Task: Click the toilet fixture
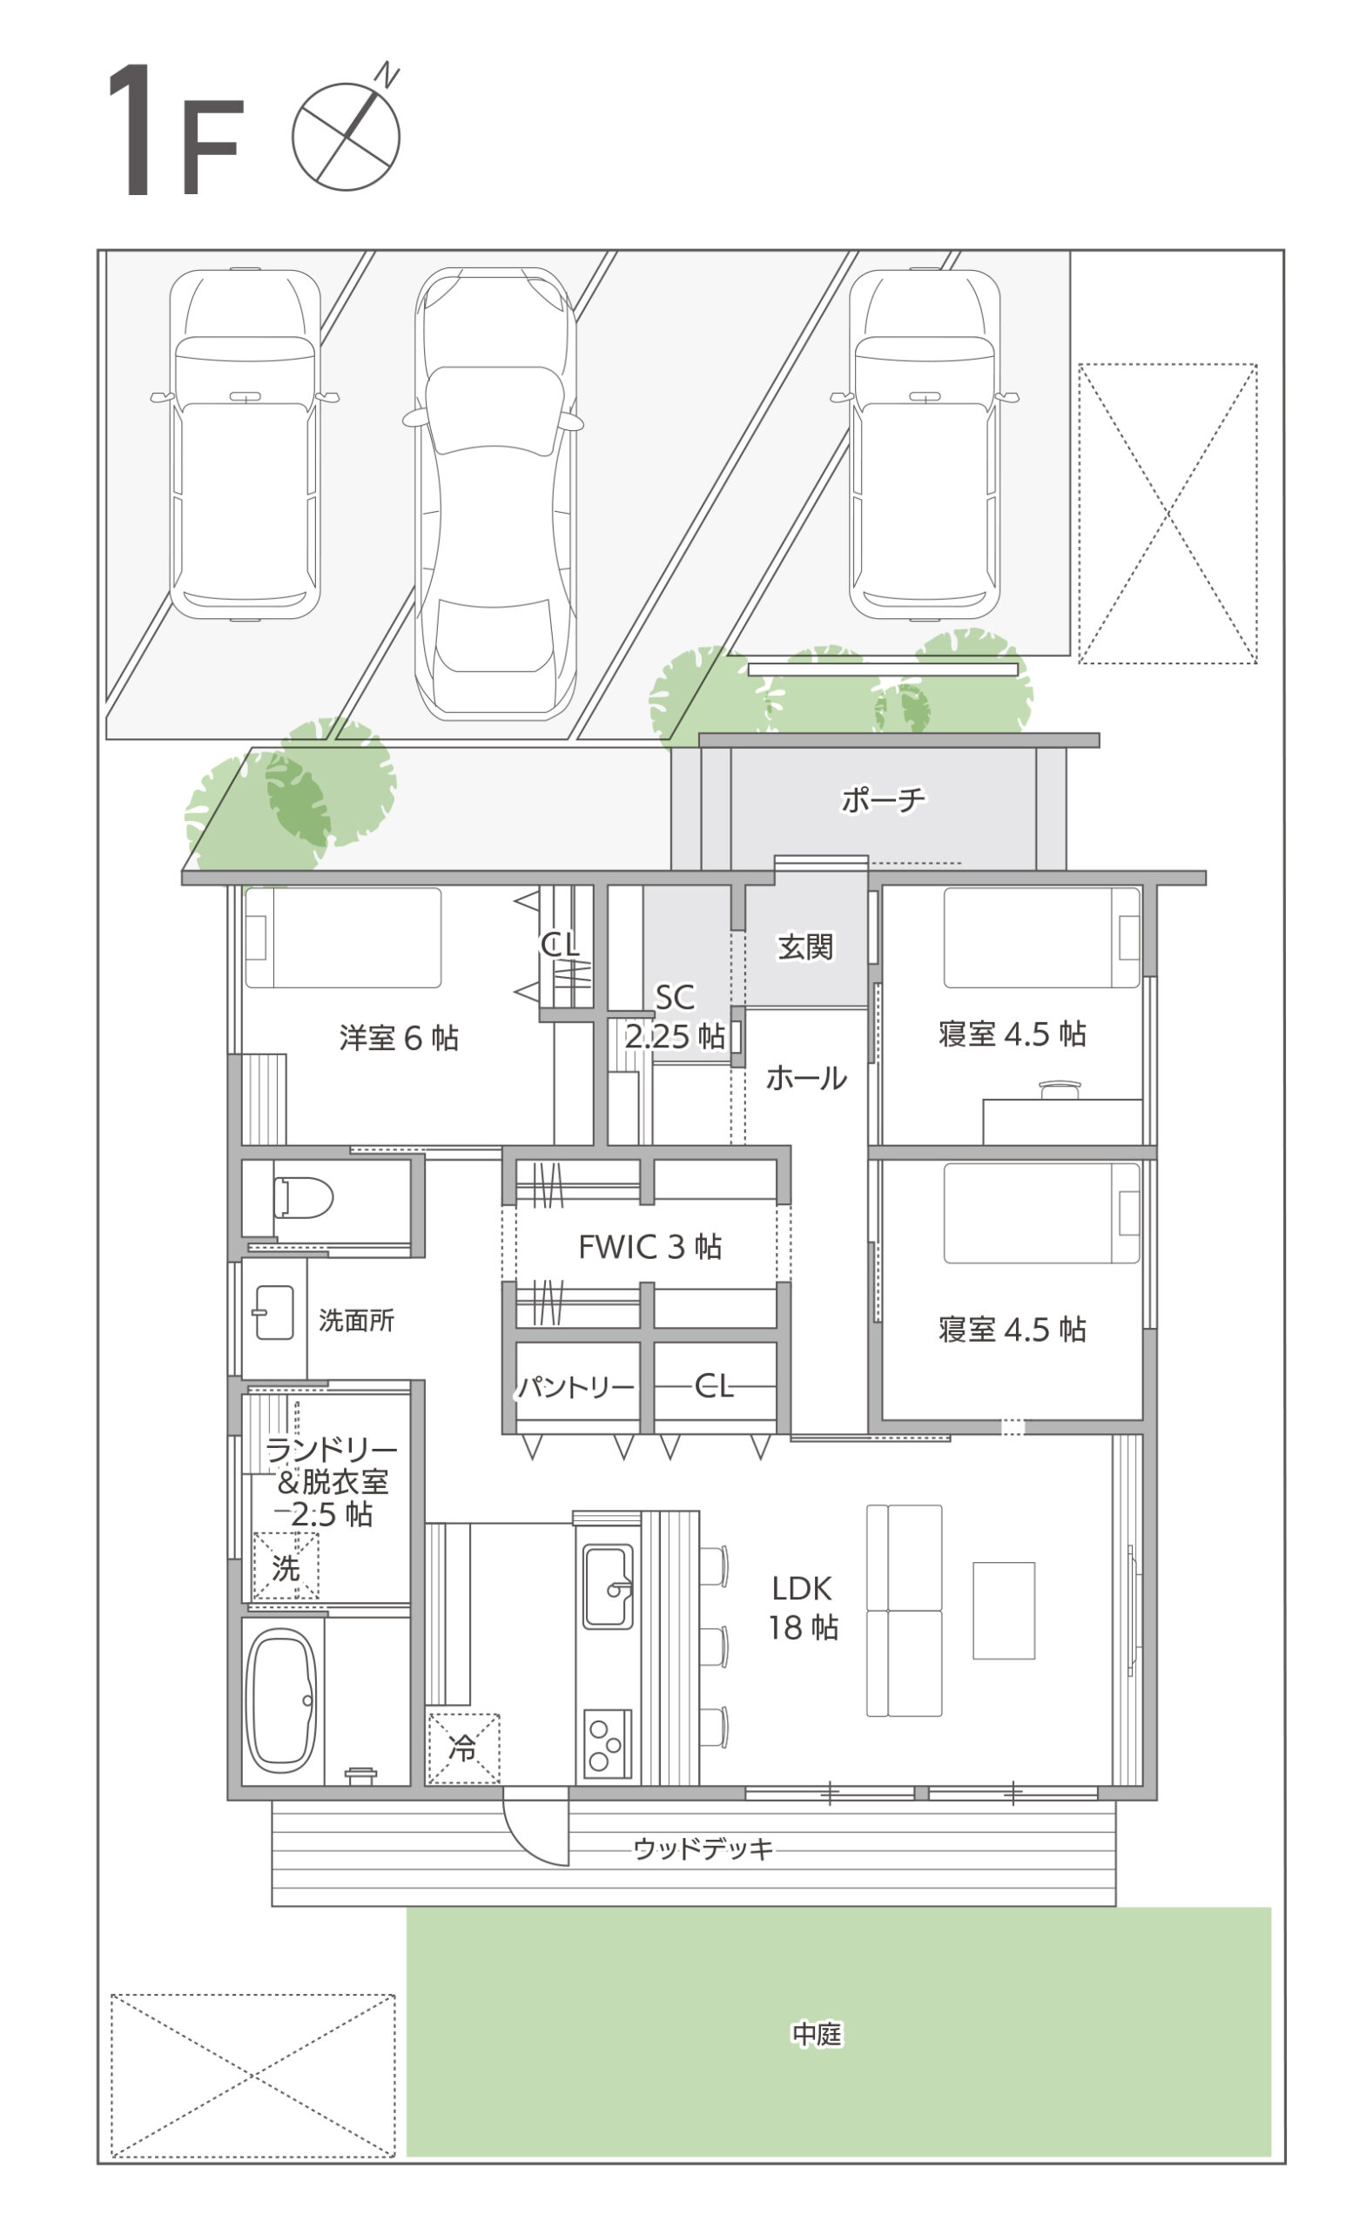tap(303, 1198)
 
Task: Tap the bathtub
tap(281, 1700)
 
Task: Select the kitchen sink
tap(607, 1586)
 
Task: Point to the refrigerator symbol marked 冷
tap(463, 1748)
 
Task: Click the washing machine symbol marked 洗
tap(285, 1566)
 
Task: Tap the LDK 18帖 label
tap(803, 1607)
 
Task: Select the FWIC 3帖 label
tap(649, 1247)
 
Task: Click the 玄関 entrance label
tap(805, 946)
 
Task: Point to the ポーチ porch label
tap(883, 798)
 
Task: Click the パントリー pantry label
tap(575, 1387)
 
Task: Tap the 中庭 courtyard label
tap(817, 2035)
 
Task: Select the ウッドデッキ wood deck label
tap(703, 1849)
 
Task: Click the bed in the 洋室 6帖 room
tap(343, 937)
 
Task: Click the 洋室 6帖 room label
tap(399, 1038)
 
